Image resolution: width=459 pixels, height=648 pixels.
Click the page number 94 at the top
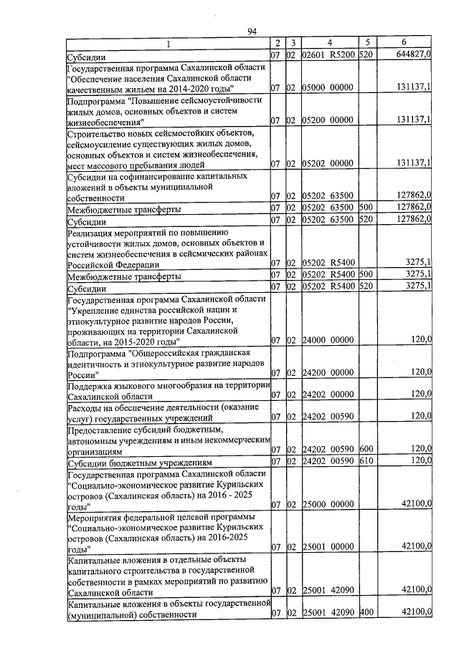pos(251,31)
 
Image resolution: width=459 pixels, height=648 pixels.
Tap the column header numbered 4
pos(328,43)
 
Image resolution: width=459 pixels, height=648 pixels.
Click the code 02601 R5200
pos(328,54)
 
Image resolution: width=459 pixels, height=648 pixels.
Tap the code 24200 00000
pos(328,373)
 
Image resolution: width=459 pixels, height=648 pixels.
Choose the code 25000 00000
pos(328,505)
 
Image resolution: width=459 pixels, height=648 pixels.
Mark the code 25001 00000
pos(328,548)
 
